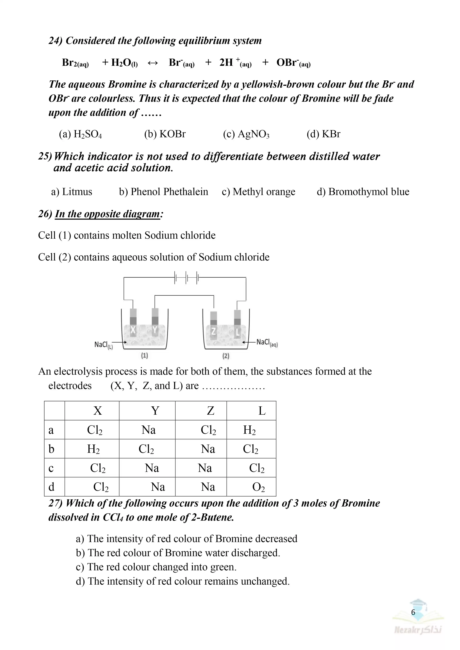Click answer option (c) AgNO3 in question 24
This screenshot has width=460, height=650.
point(246,134)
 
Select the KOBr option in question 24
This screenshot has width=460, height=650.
point(165,134)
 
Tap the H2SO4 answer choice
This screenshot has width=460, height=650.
point(80,134)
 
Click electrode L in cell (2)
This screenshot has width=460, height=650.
point(237,332)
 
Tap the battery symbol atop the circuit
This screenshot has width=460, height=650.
point(186,277)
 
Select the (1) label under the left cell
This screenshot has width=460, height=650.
point(144,356)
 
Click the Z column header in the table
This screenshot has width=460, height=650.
point(210,411)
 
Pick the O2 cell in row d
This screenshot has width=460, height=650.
point(258,487)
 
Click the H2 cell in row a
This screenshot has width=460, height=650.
point(249,430)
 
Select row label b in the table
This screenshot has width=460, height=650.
point(51,449)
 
